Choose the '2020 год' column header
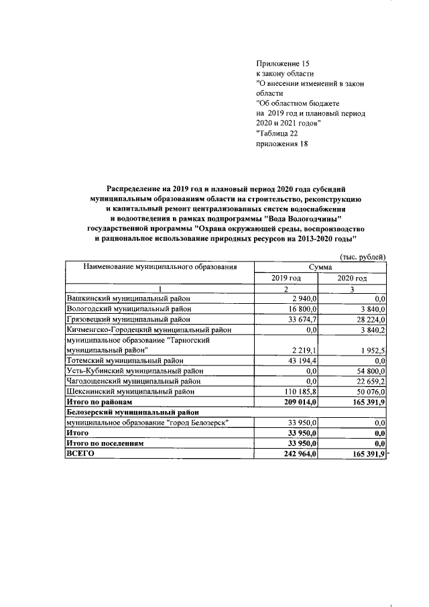(353, 278)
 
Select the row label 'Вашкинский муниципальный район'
(129, 298)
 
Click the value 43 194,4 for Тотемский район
(299, 360)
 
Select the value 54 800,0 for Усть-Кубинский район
(368, 370)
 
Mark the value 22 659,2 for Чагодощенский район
(368, 380)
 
